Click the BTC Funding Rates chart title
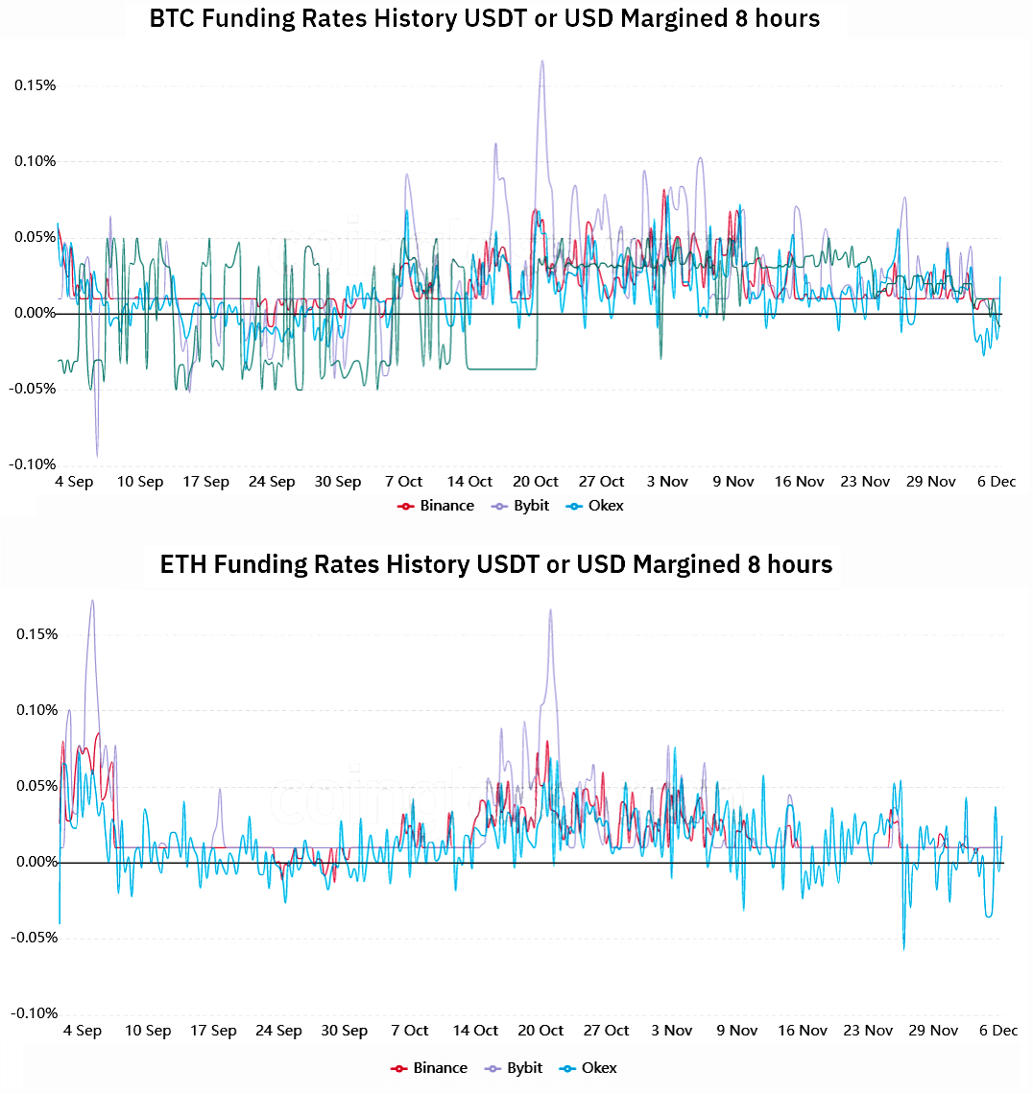point(485,18)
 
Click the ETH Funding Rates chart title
point(496,563)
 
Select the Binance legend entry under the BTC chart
point(436,506)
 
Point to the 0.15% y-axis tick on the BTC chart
point(35,85)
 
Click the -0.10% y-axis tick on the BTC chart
point(33,465)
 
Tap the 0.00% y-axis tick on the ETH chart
point(35,862)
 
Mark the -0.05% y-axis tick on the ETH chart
point(33,938)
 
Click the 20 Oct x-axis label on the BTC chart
point(535,482)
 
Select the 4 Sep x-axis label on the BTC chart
point(74,482)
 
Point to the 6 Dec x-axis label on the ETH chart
point(997,1031)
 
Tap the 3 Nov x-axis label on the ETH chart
point(671,1031)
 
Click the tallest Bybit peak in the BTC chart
point(542,61)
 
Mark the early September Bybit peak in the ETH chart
point(92,601)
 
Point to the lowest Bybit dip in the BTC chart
point(96,456)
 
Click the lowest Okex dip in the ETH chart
point(903,949)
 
